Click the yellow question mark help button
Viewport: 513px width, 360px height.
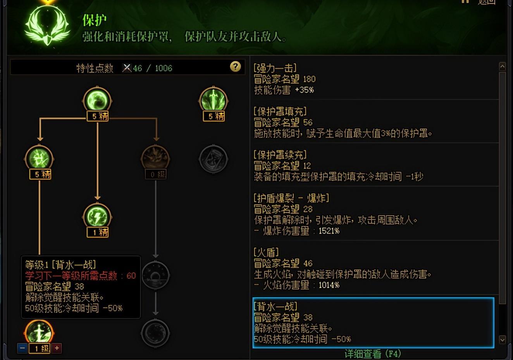[x=235, y=67]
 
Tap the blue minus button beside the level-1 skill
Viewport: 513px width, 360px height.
[x=22, y=348]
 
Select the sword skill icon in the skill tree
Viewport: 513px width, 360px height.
[x=213, y=100]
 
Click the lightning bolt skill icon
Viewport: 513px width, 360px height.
[x=97, y=216]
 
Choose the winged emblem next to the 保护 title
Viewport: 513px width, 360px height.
[x=47, y=25]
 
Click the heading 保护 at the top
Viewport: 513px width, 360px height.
[x=94, y=20]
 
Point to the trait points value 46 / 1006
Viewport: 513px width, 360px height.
[x=152, y=69]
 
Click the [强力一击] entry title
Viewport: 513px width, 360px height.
[x=275, y=68]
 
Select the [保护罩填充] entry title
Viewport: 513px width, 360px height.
[x=280, y=111]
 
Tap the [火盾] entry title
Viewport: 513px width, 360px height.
[x=266, y=252]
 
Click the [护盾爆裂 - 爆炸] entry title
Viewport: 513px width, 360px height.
[x=291, y=198]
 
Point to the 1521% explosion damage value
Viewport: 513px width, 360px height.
[x=329, y=231]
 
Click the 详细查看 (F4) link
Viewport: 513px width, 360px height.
[x=372, y=354]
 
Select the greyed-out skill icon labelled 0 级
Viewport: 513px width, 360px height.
[x=155, y=158]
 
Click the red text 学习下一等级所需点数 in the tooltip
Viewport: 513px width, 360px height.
[x=71, y=276]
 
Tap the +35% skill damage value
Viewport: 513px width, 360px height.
[x=304, y=90]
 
